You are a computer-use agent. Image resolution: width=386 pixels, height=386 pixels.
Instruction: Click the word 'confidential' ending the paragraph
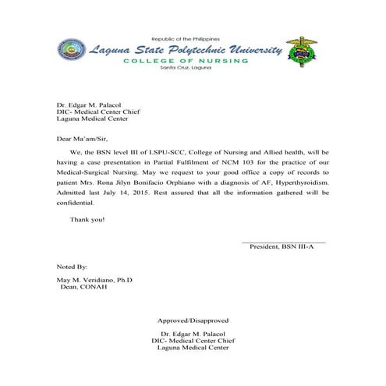coord(74,202)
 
